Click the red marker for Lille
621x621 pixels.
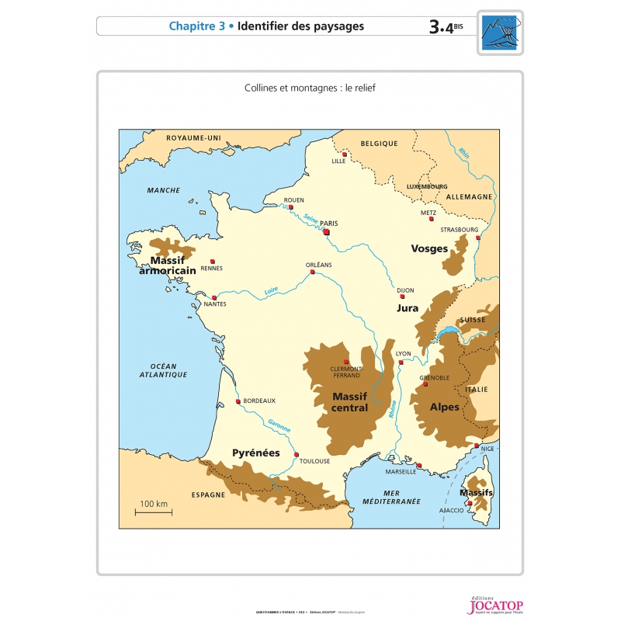click(x=345, y=154)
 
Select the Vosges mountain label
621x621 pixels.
click(x=429, y=249)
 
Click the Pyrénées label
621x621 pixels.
click(x=255, y=453)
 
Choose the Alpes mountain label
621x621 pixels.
click(x=443, y=407)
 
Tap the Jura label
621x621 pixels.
click(x=408, y=308)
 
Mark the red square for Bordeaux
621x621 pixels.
click(x=238, y=401)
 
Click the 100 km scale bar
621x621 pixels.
click(x=153, y=511)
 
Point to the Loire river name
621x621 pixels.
click(x=272, y=291)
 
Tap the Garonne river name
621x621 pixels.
click(x=279, y=425)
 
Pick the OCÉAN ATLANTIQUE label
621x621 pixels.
click(x=164, y=370)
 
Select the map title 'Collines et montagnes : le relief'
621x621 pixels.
click(x=310, y=88)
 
